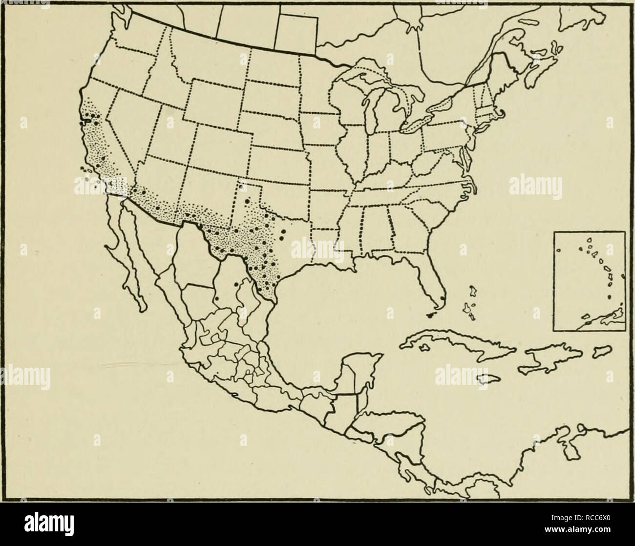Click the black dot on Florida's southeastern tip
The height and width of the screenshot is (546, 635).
click(x=442, y=298)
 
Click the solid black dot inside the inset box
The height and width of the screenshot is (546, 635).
click(x=609, y=296)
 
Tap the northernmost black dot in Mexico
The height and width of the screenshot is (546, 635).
click(x=236, y=284)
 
